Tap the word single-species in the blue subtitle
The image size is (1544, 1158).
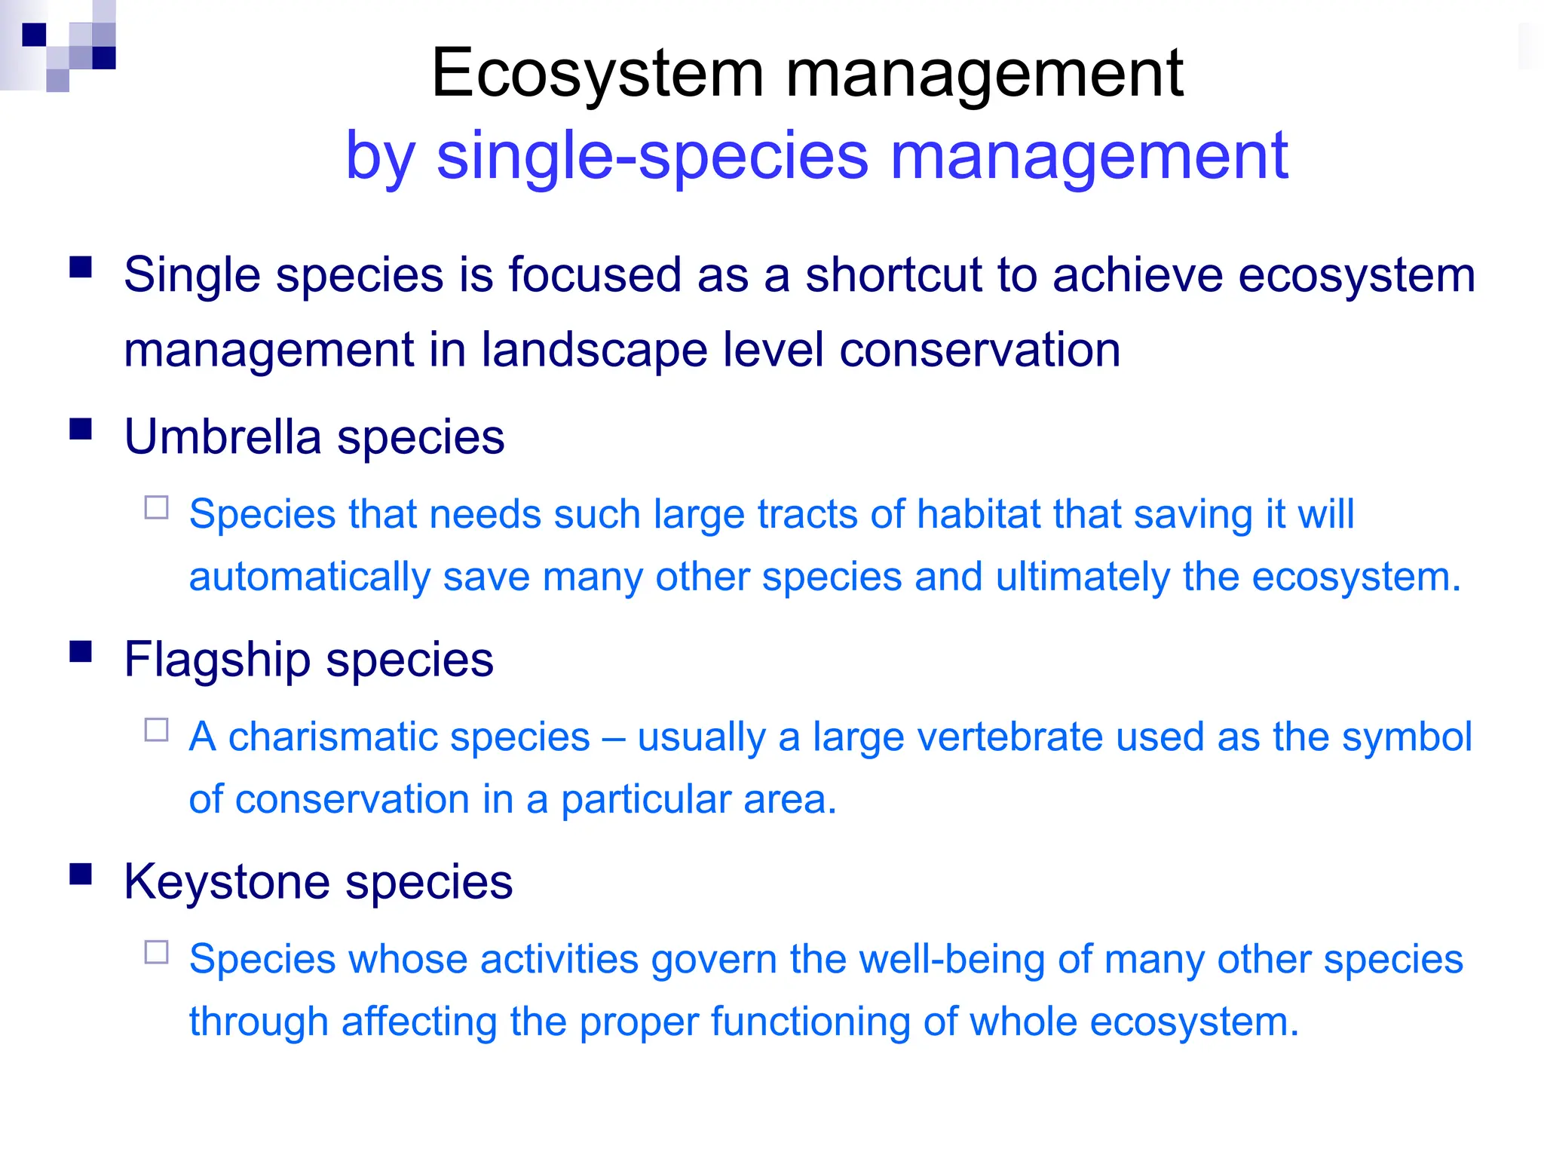[x=652, y=156]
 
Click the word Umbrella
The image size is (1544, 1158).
[x=222, y=437]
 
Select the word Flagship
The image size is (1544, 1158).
[x=217, y=660]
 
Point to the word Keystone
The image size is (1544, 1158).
[x=227, y=881]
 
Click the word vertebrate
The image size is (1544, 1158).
[x=957, y=737]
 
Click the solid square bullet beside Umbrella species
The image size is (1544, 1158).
[x=81, y=429]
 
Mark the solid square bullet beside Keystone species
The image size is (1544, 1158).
[x=81, y=874]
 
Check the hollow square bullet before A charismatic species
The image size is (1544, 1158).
[x=157, y=730]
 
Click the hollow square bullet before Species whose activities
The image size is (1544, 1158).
[x=157, y=952]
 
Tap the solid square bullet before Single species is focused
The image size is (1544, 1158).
[x=81, y=268]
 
